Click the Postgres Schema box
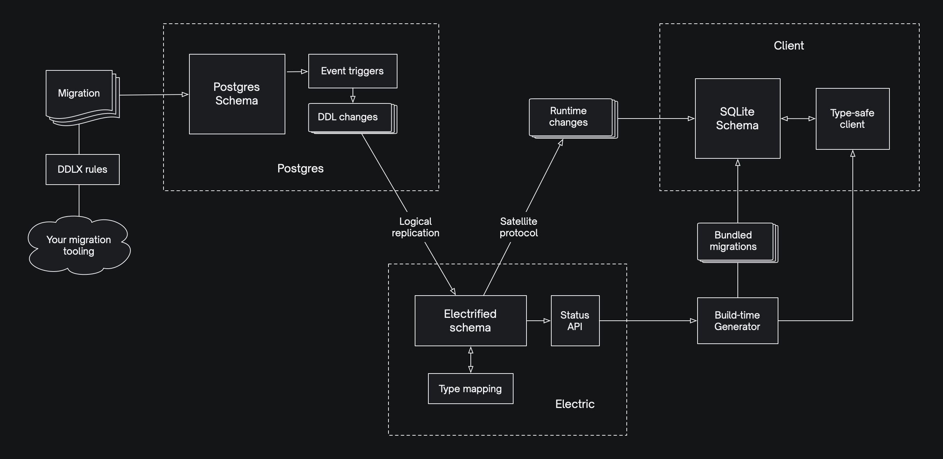(237, 94)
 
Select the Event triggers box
(353, 71)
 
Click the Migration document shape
(79, 94)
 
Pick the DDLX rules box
(82, 169)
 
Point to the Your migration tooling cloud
(79, 245)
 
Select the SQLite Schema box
(737, 119)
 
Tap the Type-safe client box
(852, 119)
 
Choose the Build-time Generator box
(737, 321)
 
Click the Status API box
(575, 321)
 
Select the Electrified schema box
(470, 321)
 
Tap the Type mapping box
(470, 388)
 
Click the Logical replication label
(415, 227)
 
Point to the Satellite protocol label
(519, 227)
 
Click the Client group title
(788, 46)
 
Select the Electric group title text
(575, 404)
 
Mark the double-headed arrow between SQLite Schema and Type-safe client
(798, 119)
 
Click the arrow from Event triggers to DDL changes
(353, 96)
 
